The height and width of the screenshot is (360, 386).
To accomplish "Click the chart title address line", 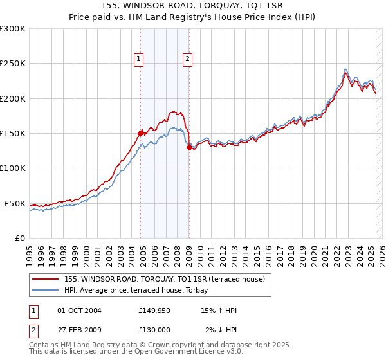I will pos(192,5).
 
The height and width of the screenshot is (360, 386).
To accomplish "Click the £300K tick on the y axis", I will pos(13,29).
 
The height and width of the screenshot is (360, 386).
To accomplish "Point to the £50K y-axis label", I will pos(15,203).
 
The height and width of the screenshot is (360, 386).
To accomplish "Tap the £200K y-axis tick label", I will pos(13,98).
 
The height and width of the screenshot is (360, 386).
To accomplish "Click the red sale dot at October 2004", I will pos(140,133).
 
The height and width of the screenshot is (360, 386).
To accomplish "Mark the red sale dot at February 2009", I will pos(189,147).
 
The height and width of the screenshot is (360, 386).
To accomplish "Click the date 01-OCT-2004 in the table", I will pos(80,310).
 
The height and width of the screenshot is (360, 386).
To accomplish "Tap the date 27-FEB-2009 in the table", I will pos(80,330).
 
